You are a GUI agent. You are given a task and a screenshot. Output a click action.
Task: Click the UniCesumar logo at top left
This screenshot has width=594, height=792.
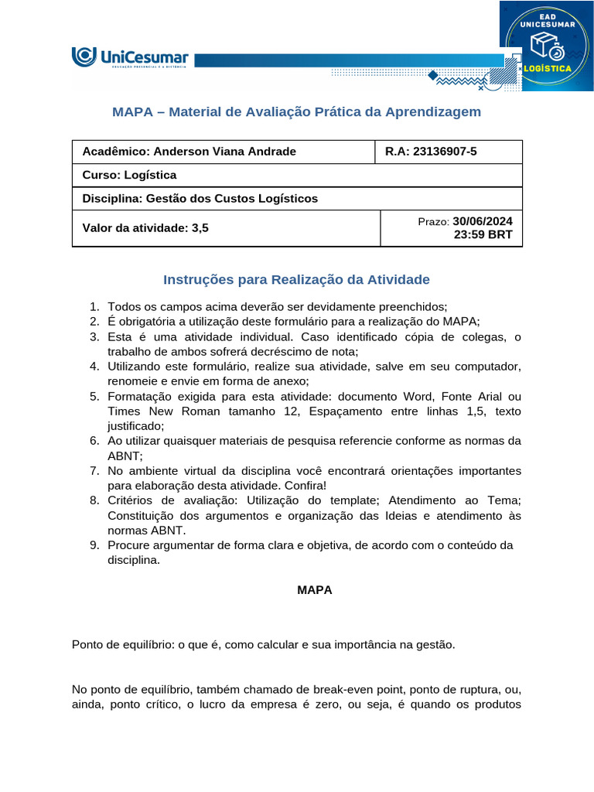click(129, 58)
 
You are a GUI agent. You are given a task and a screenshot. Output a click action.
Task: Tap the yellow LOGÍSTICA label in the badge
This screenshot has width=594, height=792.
click(547, 68)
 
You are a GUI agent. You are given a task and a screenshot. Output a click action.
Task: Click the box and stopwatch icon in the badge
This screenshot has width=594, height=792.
click(546, 45)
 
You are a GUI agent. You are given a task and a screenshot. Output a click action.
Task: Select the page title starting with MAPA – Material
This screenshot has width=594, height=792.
click(296, 112)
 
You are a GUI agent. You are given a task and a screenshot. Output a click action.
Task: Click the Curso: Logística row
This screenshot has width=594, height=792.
click(129, 175)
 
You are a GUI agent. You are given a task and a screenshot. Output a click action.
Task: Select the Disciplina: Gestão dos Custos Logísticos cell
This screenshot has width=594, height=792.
click(200, 199)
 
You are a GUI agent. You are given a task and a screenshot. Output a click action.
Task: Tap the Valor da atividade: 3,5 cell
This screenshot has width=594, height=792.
click(145, 227)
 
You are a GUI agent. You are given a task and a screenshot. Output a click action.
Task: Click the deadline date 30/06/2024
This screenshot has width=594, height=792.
click(482, 221)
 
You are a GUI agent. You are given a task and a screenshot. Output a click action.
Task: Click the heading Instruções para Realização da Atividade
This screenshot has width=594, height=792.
click(296, 279)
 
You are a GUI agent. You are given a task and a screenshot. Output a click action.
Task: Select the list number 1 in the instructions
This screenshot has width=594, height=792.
click(94, 307)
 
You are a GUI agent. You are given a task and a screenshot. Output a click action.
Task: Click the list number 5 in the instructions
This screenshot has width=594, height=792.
click(94, 397)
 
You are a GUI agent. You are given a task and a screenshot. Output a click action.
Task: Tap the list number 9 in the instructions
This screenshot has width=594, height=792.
click(94, 546)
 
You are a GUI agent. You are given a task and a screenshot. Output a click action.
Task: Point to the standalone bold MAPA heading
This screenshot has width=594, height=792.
click(315, 590)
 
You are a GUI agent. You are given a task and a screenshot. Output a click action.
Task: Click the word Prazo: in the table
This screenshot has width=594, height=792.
click(433, 222)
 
